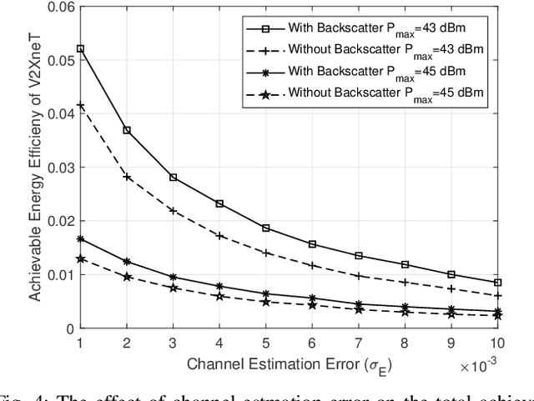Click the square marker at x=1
[x=80, y=48]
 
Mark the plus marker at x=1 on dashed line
[x=80, y=105]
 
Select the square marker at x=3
[x=173, y=177]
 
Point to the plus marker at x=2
[x=127, y=177]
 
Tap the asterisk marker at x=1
[x=80, y=238]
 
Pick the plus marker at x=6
[x=312, y=266]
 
